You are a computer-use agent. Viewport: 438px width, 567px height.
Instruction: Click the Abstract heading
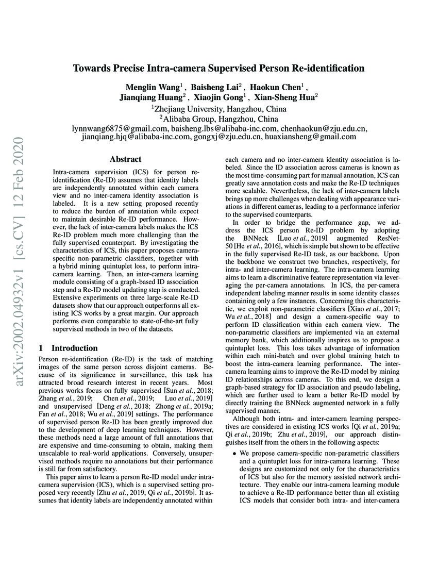coord(125,159)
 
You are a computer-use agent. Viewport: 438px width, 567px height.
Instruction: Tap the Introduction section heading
coord(74,348)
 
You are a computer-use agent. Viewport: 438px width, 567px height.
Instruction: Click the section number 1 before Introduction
coord(41,348)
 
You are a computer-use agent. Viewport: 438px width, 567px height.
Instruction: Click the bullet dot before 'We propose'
coord(234,453)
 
